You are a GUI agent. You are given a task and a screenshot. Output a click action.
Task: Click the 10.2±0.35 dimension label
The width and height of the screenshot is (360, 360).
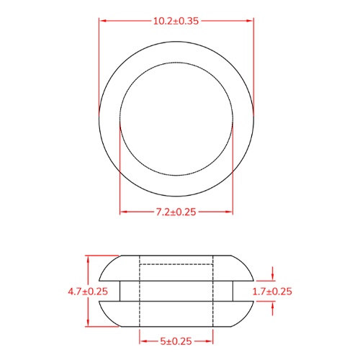pyautogui.click(x=176, y=21)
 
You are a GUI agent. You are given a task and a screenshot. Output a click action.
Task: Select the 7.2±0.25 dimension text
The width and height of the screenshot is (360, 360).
pyautogui.click(x=176, y=212)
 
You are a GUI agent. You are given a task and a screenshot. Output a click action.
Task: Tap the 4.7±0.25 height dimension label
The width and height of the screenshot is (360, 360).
pyautogui.click(x=87, y=292)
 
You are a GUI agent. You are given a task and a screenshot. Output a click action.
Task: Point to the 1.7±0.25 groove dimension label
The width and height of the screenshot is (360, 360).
pyautogui.click(x=272, y=292)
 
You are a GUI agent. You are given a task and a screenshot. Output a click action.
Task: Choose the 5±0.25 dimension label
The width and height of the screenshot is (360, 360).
pyautogui.click(x=176, y=340)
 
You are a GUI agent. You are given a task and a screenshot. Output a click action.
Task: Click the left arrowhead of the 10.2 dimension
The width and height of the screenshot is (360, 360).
pyautogui.click(x=102, y=21)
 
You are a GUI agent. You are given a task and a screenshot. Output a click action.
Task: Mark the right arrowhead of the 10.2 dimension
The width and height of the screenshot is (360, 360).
pyautogui.click(x=251, y=21)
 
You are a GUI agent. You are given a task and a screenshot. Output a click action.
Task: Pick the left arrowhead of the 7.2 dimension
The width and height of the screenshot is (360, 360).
pyautogui.click(x=122, y=212)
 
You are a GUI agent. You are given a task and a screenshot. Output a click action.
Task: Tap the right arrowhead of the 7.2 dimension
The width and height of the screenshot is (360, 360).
pyautogui.click(x=230, y=212)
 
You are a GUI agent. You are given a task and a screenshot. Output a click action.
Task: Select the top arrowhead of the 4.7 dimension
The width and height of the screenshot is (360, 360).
pyautogui.click(x=87, y=258)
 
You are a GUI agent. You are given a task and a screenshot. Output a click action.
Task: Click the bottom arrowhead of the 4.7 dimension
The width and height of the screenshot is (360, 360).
pyautogui.click(x=87, y=325)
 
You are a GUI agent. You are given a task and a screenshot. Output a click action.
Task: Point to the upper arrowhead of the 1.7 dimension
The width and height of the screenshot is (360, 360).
pyautogui.click(x=272, y=278)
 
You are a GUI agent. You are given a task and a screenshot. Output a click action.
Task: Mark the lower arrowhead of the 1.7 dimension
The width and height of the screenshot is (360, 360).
pyautogui.click(x=272, y=305)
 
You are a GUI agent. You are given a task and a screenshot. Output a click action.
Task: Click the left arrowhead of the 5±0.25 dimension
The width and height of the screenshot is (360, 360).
pyautogui.click(x=142, y=340)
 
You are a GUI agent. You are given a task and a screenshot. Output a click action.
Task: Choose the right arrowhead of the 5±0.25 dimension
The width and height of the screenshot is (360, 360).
pyautogui.click(x=212, y=340)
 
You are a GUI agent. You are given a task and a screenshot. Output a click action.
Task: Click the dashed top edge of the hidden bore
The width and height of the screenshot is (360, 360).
pyautogui.click(x=176, y=265)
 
